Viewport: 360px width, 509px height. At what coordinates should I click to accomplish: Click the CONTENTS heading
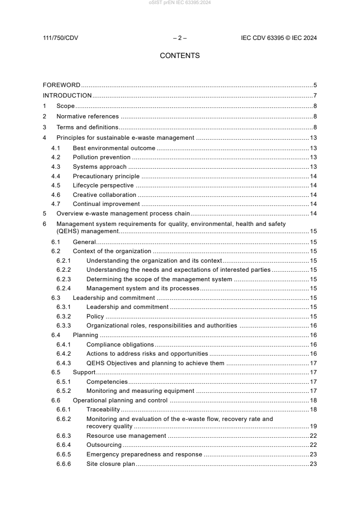(x=180, y=56)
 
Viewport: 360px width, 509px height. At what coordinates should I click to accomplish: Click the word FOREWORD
(x=62, y=85)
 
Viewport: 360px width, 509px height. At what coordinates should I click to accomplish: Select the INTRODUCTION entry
(x=67, y=95)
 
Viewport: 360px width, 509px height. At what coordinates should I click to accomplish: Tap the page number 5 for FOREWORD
(x=315, y=85)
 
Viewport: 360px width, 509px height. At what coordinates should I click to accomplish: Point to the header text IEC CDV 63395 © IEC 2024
(x=279, y=38)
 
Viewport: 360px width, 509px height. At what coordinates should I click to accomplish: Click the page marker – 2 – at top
(x=180, y=38)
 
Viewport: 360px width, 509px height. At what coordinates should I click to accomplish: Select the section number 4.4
(x=56, y=176)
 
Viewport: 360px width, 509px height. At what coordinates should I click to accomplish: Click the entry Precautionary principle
(x=106, y=176)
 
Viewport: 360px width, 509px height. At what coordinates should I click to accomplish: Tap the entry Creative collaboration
(x=104, y=195)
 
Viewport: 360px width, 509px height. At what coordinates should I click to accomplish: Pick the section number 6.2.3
(x=64, y=279)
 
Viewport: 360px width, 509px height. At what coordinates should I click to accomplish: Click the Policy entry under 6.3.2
(x=95, y=316)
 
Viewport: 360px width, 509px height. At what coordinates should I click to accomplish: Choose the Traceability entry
(x=103, y=409)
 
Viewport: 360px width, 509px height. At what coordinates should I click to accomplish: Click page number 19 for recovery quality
(x=313, y=426)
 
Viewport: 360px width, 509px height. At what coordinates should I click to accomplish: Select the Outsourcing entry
(x=104, y=445)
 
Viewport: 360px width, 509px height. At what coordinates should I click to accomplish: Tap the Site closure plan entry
(x=111, y=464)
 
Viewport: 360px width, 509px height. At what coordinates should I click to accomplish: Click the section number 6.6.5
(x=64, y=454)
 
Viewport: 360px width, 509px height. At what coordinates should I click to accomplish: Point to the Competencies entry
(x=107, y=382)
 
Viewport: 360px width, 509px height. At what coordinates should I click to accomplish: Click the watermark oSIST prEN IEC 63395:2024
(x=180, y=3)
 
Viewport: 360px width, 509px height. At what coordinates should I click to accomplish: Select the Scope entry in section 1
(x=65, y=106)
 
